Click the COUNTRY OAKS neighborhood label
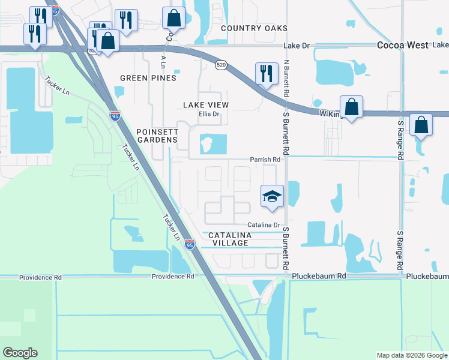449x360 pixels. pyautogui.click(x=254, y=28)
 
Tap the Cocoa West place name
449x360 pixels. pyautogui.click(x=402, y=45)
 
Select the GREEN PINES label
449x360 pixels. pyautogui.click(x=148, y=78)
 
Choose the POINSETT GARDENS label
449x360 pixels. pyautogui.click(x=157, y=136)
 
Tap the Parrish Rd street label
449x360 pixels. pyautogui.click(x=265, y=160)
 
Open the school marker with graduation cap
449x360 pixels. pyautogui.click(x=272, y=196)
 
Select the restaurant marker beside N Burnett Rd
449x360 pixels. pyautogui.click(x=265, y=73)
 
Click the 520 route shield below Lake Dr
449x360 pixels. pyautogui.click(x=221, y=64)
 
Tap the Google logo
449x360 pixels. pyautogui.click(x=20, y=353)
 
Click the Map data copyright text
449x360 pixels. pyautogui.click(x=411, y=355)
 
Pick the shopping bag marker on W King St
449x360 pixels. pyautogui.click(x=352, y=107)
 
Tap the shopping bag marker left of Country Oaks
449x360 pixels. pyautogui.click(x=173, y=18)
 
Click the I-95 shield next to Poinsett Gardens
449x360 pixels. pyautogui.click(x=115, y=116)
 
